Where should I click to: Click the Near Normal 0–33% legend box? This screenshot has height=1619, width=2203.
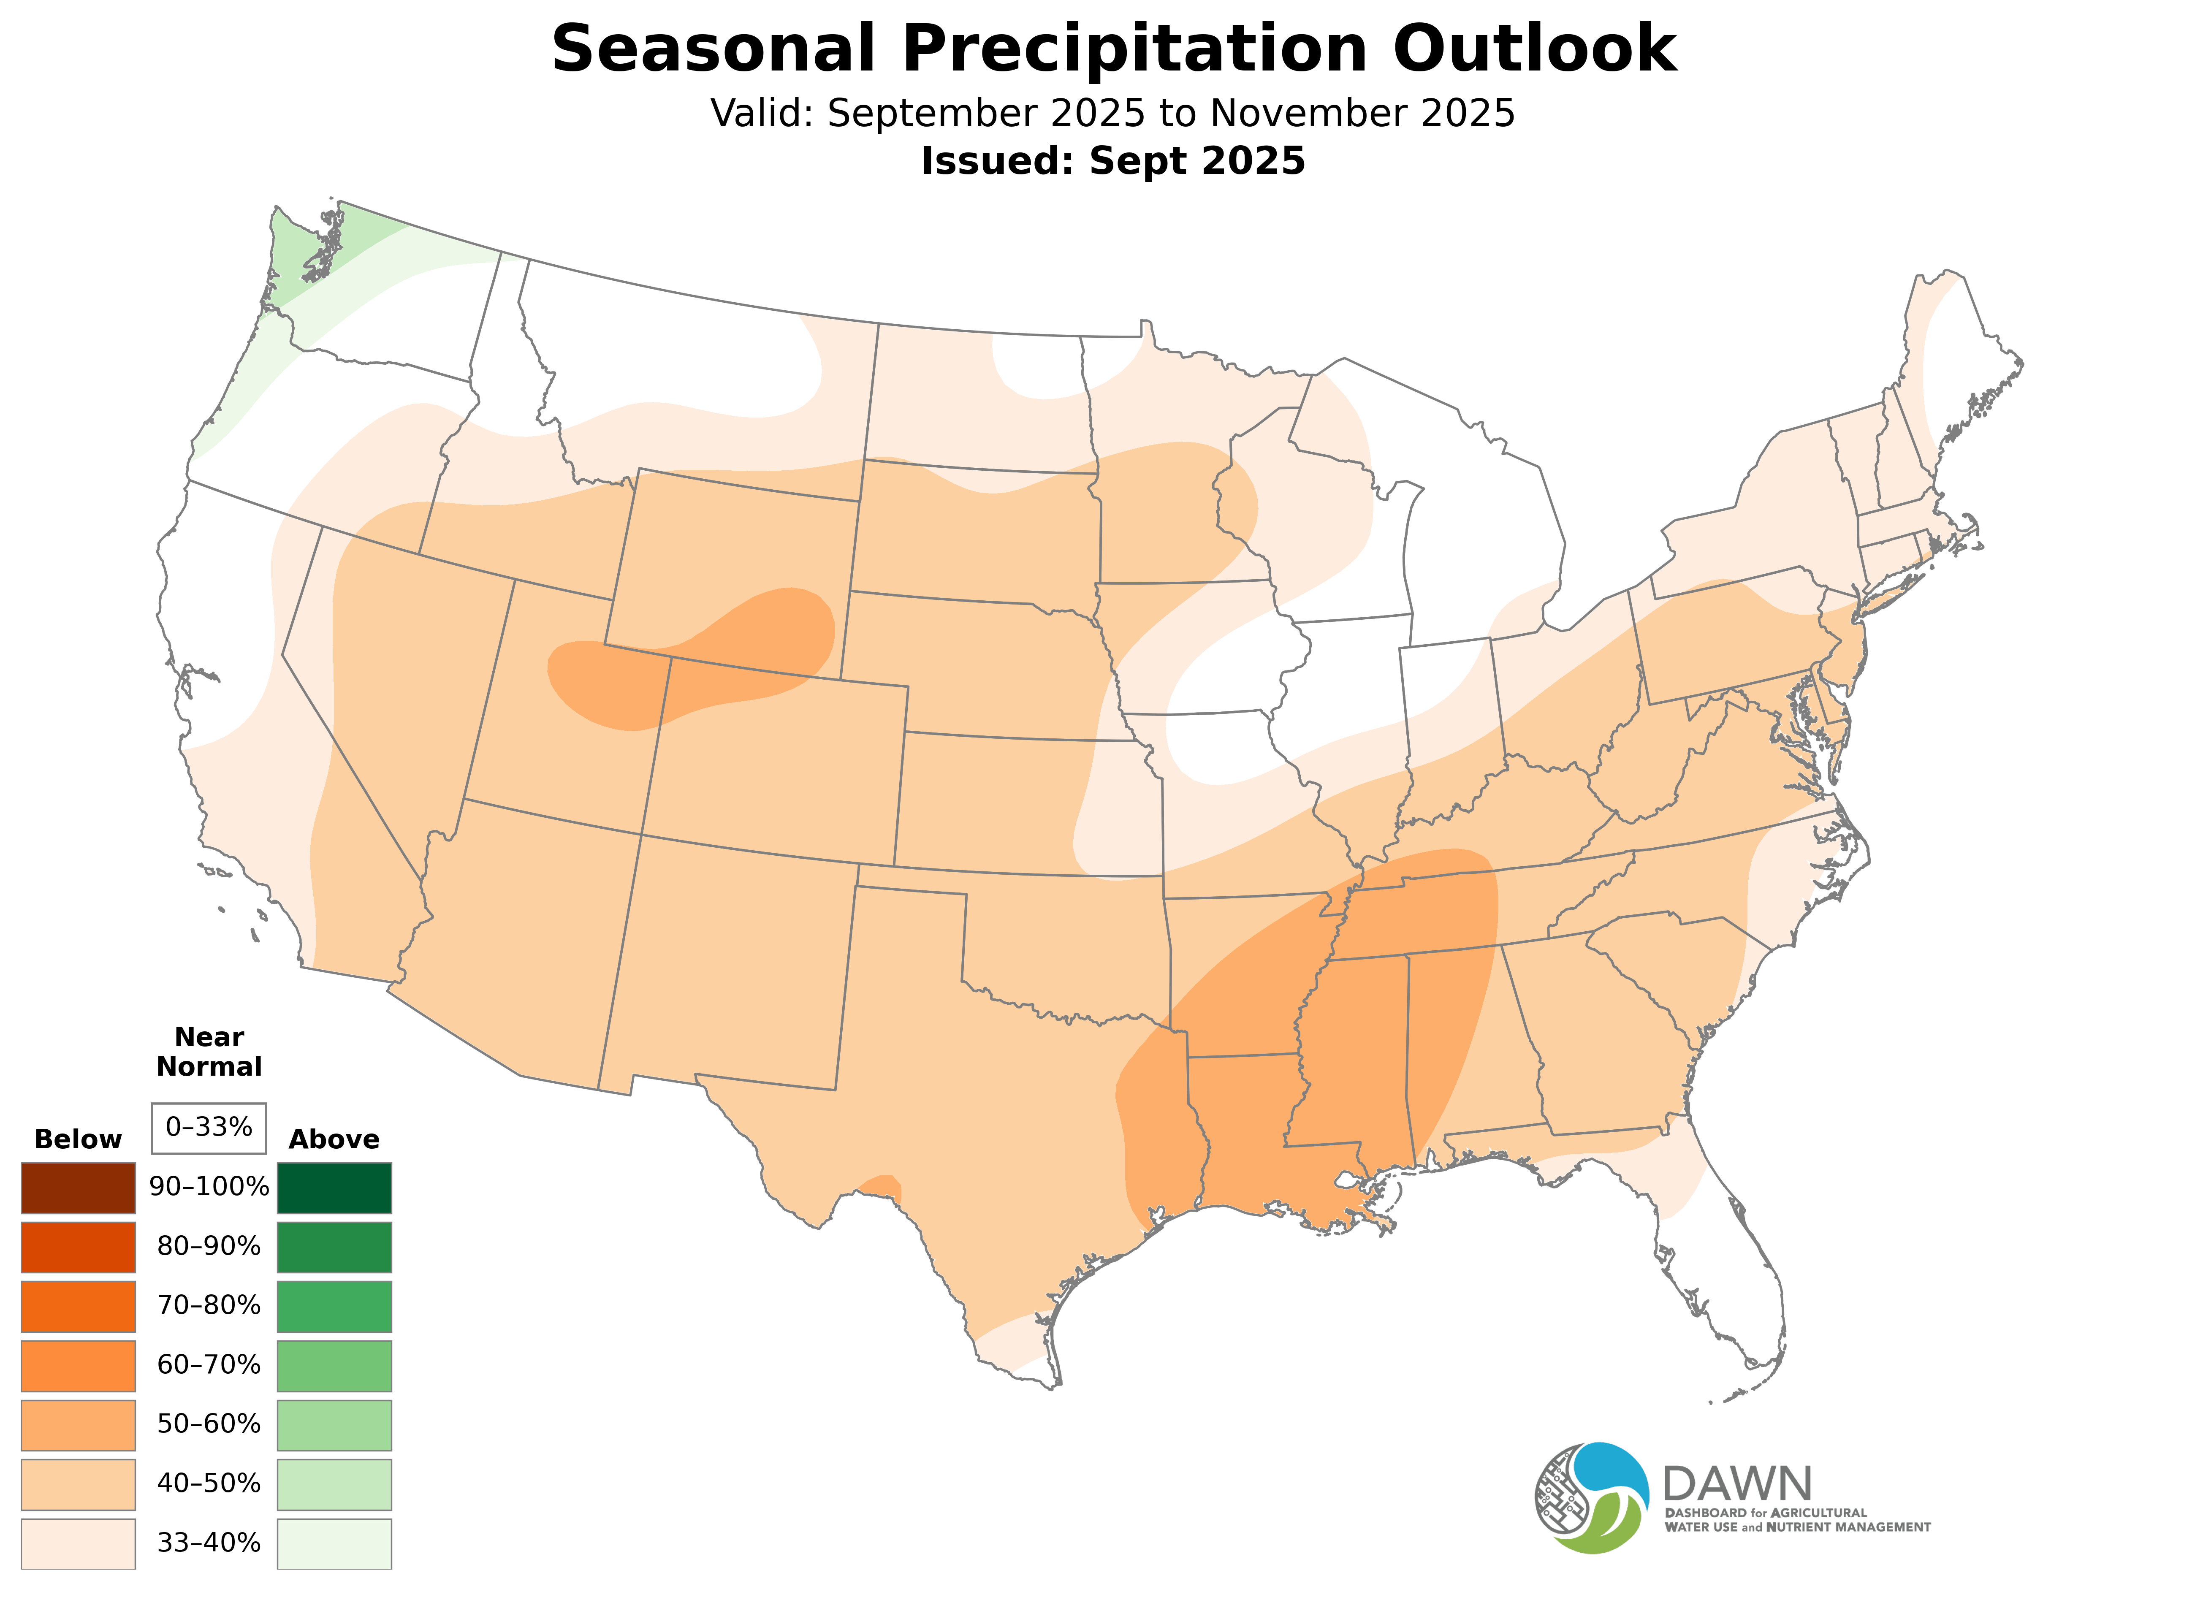209,1127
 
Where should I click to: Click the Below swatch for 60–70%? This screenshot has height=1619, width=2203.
79,1365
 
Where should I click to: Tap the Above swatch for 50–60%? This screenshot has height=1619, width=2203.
334,1424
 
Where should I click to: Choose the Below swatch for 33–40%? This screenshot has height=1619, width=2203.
79,1543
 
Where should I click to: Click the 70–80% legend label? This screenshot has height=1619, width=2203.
209,1305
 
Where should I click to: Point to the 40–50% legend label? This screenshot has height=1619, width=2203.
209,1483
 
